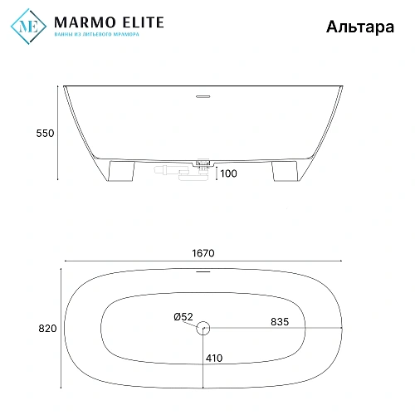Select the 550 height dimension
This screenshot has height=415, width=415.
click(x=45, y=133)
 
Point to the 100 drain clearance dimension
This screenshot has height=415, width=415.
click(x=229, y=173)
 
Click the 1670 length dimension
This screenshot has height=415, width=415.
click(x=204, y=255)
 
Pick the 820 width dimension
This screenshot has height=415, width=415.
click(x=47, y=329)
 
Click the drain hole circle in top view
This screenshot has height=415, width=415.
click(x=204, y=329)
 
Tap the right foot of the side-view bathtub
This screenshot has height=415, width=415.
click(x=282, y=171)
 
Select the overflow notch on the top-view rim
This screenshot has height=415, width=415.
click(x=204, y=270)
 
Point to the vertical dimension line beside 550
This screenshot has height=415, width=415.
click(x=58, y=133)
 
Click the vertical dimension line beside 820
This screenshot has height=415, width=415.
click(x=61, y=329)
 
